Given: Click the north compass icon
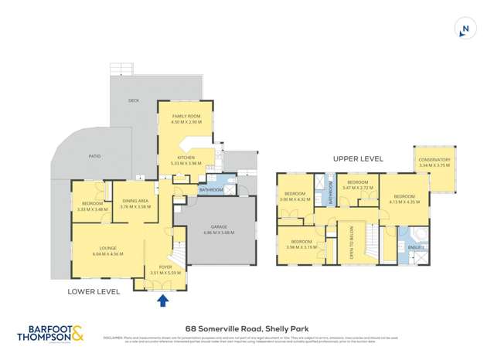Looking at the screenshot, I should pyautogui.click(x=465, y=29).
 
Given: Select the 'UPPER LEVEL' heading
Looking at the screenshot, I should pyautogui.click(x=358, y=158).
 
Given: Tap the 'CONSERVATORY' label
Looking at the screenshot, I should pyautogui.click(x=434, y=161).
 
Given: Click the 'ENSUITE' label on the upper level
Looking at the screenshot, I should pyautogui.click(x=415, y=248).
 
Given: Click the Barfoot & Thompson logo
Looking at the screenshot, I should pyautogui.click(x=51, y=334).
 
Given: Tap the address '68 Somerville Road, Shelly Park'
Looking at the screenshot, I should pyautogui.click(x=246, y=328).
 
